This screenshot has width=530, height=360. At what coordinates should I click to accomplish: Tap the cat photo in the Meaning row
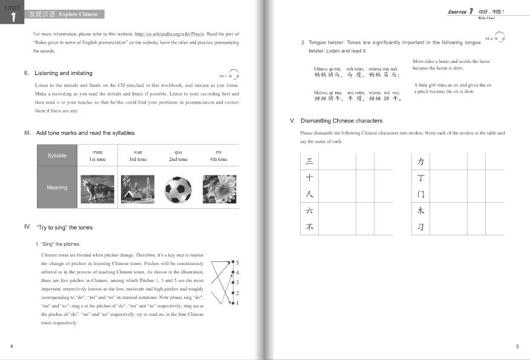[97, 188]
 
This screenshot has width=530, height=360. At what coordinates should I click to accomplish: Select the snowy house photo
[138, 188]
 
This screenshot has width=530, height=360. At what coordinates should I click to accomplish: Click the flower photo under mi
[219, 188]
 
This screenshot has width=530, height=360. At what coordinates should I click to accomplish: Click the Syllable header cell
[57, 155]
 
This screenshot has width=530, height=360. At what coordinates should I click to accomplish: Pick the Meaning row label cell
[57, 188]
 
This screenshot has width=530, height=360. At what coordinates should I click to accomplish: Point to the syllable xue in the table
[137, 152]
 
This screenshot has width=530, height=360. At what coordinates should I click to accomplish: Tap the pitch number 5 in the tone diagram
[237, 263]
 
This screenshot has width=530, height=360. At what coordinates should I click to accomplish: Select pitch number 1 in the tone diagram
[237, 303]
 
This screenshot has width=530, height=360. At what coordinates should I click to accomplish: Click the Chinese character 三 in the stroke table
[309, 162]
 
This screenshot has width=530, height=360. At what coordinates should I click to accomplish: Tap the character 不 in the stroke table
[309, 227]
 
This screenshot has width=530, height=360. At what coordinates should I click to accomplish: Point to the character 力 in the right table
[420, 162]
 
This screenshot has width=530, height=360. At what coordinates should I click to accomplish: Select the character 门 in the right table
[420, 195]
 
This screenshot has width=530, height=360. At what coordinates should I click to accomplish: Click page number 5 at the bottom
[517, 346]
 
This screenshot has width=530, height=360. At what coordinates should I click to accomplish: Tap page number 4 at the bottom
[12, 346]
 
